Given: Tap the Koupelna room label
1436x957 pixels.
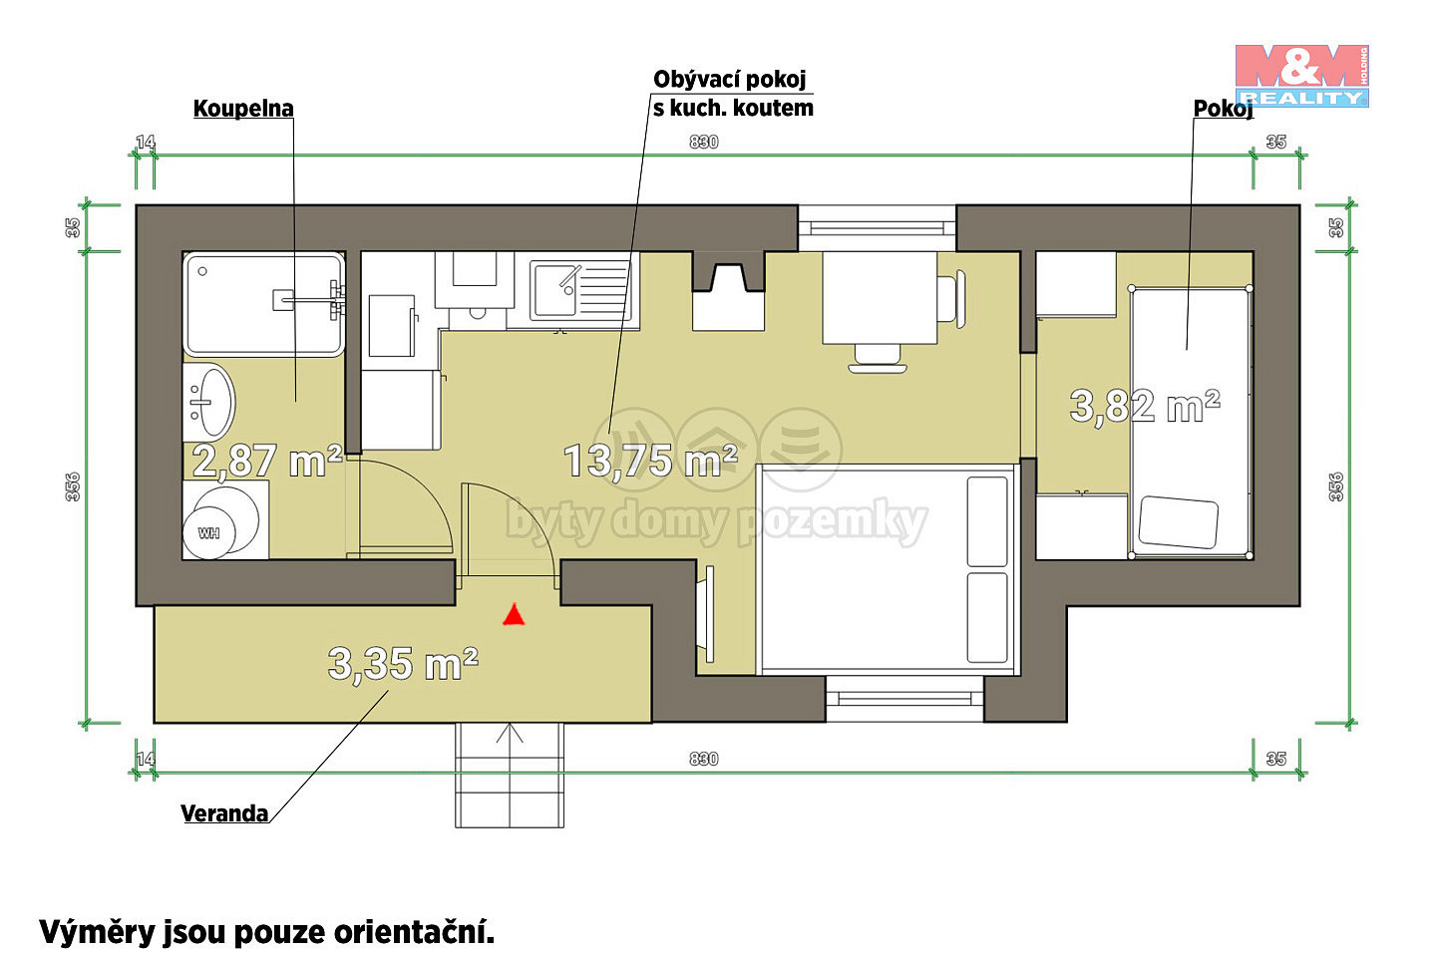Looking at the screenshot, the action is click(x=243, y=109).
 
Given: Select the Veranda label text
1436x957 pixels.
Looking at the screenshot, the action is click(x=224, y=813).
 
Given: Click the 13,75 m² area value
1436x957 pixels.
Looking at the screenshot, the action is click(x=650, y=461).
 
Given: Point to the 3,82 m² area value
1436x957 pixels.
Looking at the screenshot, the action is click(x=1145, y=406).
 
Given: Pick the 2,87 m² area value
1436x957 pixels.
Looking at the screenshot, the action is click(x=266, y=461).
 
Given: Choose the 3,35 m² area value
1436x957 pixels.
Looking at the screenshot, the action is click(x=403, y=664).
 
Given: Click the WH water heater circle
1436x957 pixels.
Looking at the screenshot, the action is click(x=209, y=532).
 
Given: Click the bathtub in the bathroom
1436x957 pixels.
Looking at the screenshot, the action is click(x=264, y=304).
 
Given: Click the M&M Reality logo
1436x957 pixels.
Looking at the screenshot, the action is click(x=1302, y=76).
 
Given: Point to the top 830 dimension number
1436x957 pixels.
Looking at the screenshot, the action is click(x=703, y=142).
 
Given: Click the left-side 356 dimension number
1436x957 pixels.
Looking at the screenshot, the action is click(x=73, y=486).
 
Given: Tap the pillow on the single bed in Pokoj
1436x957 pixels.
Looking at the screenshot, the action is click(x=1179, y=522).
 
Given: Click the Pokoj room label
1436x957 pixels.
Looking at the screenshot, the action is click(x=1224, y=109).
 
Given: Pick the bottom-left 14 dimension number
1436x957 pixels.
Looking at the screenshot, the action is click(x=146, y=759).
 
